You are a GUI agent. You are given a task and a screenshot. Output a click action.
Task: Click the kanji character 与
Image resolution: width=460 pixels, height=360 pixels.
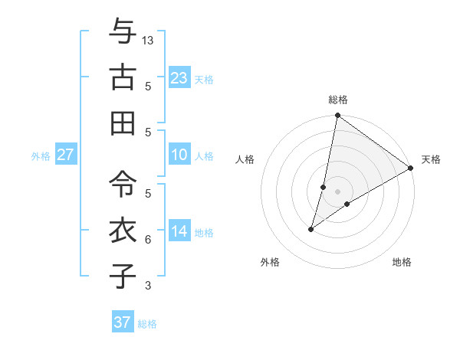122,31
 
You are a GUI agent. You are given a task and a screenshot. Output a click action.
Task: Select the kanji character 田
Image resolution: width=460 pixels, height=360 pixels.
122,123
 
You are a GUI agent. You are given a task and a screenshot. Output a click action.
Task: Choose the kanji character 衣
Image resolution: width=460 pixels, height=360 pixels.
122,230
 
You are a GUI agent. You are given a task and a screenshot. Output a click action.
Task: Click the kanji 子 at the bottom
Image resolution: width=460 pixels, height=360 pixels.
122,276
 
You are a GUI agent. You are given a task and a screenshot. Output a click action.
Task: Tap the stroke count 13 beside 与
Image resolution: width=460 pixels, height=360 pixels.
148,40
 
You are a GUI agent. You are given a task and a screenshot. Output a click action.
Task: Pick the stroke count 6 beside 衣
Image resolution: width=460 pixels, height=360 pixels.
148,240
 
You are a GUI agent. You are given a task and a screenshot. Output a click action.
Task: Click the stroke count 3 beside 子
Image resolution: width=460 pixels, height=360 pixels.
148,286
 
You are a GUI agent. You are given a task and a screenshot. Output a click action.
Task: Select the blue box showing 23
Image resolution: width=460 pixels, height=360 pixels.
179,78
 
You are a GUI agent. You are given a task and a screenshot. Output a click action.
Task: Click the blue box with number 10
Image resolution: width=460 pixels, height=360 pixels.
179,155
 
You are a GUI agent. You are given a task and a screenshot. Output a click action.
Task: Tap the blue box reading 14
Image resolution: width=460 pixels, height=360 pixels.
179,231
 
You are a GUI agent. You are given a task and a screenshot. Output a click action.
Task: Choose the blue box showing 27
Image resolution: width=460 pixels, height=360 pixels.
65,155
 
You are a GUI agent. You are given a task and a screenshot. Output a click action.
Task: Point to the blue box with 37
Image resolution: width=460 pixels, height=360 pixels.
122,322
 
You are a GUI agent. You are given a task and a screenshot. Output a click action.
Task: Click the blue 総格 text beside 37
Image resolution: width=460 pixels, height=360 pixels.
147,324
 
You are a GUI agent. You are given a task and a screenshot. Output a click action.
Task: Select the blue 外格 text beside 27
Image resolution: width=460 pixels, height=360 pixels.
41,156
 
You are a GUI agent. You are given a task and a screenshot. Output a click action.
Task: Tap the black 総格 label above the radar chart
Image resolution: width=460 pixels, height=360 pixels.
338,100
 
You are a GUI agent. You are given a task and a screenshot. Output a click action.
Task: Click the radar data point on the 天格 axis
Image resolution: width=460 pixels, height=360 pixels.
411,169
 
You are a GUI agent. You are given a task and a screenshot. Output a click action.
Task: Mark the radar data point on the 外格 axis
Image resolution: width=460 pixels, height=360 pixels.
311,229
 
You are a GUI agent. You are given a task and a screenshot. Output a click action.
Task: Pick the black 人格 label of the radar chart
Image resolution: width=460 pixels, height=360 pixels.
245,159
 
